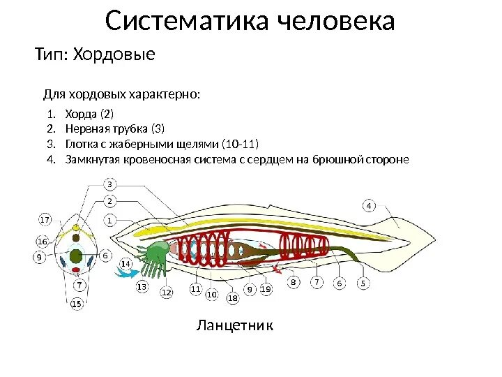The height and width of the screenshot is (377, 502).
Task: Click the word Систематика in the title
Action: tap(189, 22)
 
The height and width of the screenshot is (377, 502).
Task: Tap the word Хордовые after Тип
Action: tap(119, 54)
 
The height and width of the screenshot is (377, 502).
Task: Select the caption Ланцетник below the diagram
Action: tap(235, 325)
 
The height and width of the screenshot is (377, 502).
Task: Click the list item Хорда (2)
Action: tap(89, 114)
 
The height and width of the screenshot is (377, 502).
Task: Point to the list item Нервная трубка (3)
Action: tap(115, 128)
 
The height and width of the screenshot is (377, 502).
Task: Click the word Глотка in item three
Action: tap(81, 144)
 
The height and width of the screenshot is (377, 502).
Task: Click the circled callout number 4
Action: tap(369, 205)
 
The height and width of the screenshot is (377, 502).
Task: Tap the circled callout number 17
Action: tap(45, 219)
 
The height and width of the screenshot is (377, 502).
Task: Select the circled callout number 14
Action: tap(126, 264)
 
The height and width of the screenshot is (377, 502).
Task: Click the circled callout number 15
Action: tap(77, 303)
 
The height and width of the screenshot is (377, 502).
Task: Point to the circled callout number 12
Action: tap(166, 293)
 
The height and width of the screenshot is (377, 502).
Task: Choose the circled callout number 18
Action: tap(232, 298)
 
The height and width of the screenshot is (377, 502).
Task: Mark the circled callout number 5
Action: tap(363, 283)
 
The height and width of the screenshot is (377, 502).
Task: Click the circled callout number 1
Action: tap(110, 220)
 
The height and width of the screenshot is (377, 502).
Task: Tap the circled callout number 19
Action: tap(266, 288)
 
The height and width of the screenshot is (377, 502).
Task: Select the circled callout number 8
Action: tap(294, 283)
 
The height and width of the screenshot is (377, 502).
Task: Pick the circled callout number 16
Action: tap(42, 242)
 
